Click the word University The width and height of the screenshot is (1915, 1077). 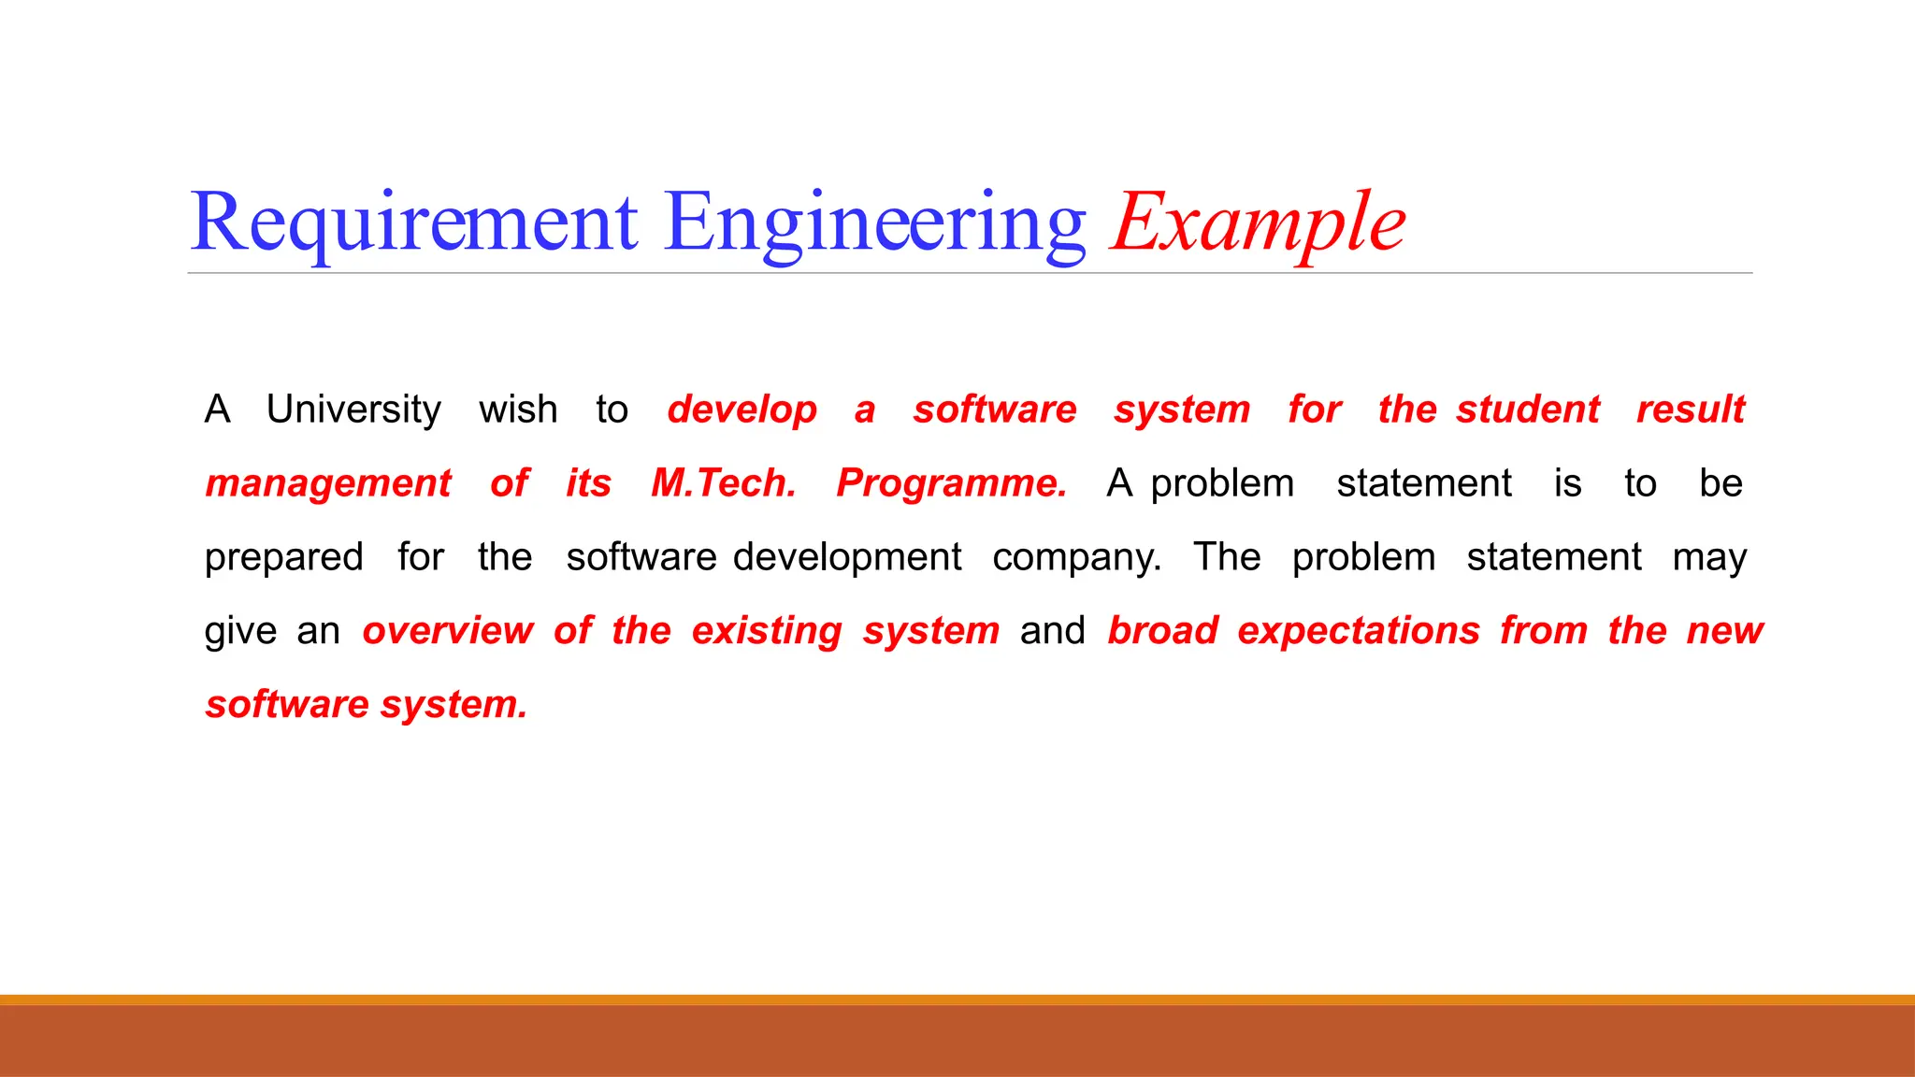[353, 409]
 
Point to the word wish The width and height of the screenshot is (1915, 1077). [518, 409]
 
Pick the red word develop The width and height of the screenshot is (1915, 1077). [742, 409]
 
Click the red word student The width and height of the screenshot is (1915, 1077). [1528, 409]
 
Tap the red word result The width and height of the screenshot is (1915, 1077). [1691, 409]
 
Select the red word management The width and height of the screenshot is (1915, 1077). [328, 483]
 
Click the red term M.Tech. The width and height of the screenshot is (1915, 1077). [724, 483]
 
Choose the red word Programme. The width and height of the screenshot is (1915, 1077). [952, 483]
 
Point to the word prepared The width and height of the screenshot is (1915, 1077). [283, 557]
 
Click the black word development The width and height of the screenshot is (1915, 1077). [847, 557]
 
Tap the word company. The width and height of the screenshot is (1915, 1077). [1077, 557]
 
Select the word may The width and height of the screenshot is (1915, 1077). [1709, 557]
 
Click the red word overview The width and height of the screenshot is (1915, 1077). [448, 631]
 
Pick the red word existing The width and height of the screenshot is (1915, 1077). [767, 631]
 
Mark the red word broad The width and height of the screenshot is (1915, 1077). [1163, 631]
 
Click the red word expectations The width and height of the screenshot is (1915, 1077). [1359, 631]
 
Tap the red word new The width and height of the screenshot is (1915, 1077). [1724, 631]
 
